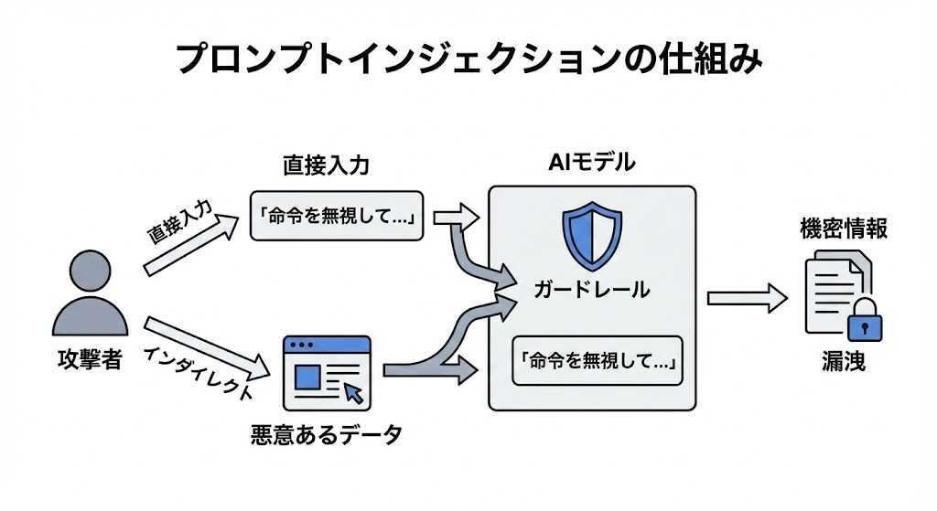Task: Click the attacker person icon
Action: [89, 295]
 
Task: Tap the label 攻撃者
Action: [89, 359]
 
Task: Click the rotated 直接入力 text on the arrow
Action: [179, 224]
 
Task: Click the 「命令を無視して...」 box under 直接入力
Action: [337, 216]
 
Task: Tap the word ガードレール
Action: [592, 290]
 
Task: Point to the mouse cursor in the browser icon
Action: [353, 394]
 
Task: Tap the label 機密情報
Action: [843, 229]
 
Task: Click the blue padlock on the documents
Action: [861, 320]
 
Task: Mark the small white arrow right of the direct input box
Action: [456, 217]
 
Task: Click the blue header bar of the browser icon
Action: [327, 346]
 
